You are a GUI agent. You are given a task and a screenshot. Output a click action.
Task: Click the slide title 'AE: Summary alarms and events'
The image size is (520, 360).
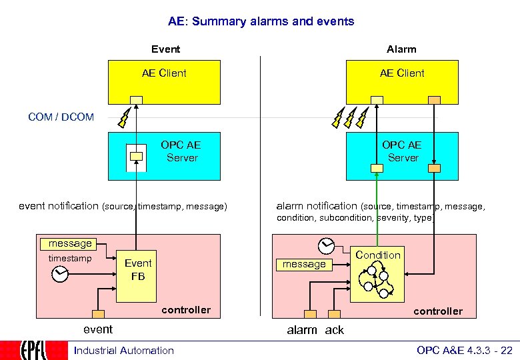[261, 21]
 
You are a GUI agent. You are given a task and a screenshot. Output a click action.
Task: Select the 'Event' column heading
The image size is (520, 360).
[165, 49]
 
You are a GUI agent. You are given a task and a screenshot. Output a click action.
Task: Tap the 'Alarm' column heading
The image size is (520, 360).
[401, 49]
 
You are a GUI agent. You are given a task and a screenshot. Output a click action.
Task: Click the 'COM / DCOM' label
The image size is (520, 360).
[61, 117]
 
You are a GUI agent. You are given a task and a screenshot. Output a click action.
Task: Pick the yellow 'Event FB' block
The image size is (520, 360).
[138, 269]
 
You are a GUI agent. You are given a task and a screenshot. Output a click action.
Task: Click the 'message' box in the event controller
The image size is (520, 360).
[70, 243]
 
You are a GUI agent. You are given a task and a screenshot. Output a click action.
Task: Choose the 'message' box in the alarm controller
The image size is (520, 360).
[304, 264]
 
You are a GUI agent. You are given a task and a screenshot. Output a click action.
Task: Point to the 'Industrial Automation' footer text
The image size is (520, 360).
[124, 351]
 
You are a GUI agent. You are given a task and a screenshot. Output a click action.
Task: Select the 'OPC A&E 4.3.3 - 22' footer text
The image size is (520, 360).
[464, 351]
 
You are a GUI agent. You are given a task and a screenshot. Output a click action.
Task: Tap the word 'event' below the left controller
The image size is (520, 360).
[97, 329]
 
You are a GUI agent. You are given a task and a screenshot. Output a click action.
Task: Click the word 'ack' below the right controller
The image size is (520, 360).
[335, 330]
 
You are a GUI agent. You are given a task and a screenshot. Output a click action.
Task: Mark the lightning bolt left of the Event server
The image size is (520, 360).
[123, 118]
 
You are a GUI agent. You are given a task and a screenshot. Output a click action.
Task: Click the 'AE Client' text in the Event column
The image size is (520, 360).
[164, 73]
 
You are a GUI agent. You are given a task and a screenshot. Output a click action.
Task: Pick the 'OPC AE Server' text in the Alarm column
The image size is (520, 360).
[403, 151]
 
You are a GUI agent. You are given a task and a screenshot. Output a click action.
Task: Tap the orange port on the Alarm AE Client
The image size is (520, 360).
[434, 100]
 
